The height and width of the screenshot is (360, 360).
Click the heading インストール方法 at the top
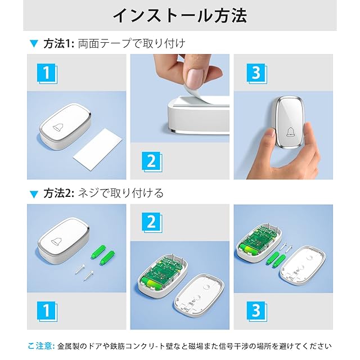point(180,16)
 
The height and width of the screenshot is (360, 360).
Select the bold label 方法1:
point(58,43)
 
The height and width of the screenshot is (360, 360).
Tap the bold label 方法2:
point(58,193)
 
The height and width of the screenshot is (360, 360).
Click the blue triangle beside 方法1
point(34,43)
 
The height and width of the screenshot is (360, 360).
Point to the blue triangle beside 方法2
point(34,194)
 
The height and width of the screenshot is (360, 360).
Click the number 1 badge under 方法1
point(47,74)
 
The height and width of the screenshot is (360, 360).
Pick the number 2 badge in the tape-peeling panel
point(151,161)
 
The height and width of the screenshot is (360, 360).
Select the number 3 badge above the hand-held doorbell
point(256,74)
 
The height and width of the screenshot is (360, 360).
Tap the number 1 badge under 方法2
point(47,311)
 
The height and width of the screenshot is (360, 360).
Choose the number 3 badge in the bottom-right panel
point(256,311)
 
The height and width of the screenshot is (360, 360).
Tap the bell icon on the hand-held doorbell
point(290,132)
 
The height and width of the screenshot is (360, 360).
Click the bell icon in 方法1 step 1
point(58,127)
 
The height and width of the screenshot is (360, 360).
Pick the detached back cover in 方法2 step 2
point(199,293)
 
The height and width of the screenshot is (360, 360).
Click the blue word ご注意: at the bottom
point(41,346)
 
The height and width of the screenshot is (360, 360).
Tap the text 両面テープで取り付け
point(132,43)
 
